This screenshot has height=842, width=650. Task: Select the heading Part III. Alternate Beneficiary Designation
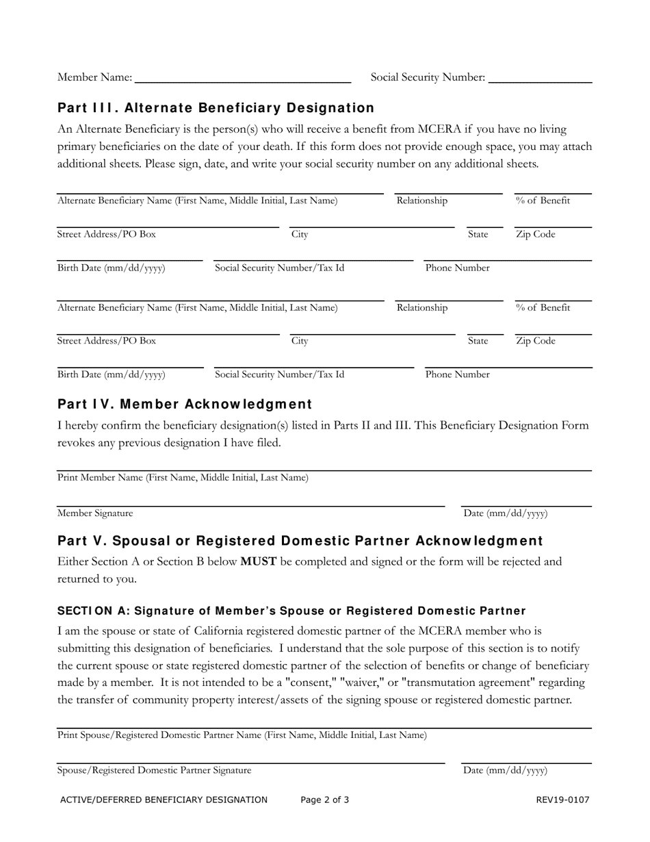tap(216, 108)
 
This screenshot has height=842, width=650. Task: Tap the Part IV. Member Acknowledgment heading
tap(185, 404)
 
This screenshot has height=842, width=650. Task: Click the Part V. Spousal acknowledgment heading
tap(300, 541)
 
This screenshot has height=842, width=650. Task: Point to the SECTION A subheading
tap(291, 611)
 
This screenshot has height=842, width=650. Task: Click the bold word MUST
tap(258, 562)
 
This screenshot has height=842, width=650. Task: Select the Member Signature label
tap(95, 513)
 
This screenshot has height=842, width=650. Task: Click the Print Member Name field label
tap(183, 478)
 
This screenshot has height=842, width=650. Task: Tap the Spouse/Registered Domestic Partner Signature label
tap(154, 770)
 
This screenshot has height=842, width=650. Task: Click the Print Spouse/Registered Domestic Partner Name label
tap(242, 735)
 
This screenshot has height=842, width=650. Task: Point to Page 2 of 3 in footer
tap(324, 800)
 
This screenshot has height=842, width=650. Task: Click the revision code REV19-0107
tap(562, 800)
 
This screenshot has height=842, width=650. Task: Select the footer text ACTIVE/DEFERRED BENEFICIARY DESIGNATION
tap(164, 800)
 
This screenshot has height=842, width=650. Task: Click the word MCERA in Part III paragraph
tap(424, 129)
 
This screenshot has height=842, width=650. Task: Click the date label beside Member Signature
tap(506, 513)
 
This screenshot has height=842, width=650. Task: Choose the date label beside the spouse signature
tap(506, 770)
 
